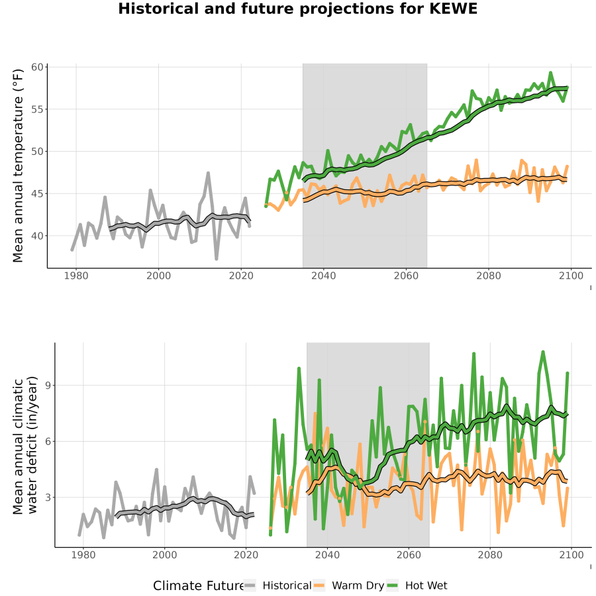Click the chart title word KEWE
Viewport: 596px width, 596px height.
click(x=453, y=9)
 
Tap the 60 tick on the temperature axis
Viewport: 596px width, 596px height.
click(x=37, y=68)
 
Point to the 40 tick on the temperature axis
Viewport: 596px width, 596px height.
click(x=37, y=236)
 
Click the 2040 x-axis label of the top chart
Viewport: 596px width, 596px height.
click(x=323, y=275)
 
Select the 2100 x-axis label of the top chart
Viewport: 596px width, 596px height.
click(x=571, y=275)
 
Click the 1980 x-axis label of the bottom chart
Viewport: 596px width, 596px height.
click(x=83, y=555)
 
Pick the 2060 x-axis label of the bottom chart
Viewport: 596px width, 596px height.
click(x=409, y=555)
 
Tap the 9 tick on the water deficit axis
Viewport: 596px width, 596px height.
click(x=48, y=385)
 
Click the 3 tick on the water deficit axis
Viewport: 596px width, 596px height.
click(x=48, y=497)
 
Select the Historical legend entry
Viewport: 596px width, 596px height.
click(x=278, y=585)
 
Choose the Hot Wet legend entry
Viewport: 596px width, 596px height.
click(x=417, y=585)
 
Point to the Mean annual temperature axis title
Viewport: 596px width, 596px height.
click(x=17, y=166)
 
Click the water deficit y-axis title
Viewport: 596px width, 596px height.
click(x=25, y=445)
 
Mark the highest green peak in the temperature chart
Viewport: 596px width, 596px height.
click(x=550, y=73)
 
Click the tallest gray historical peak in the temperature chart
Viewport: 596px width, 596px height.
click(x=209, y=173)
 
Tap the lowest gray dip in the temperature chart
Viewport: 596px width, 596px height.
click(x=217, y=258)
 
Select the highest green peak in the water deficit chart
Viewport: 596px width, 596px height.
click(x=543, y=352)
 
